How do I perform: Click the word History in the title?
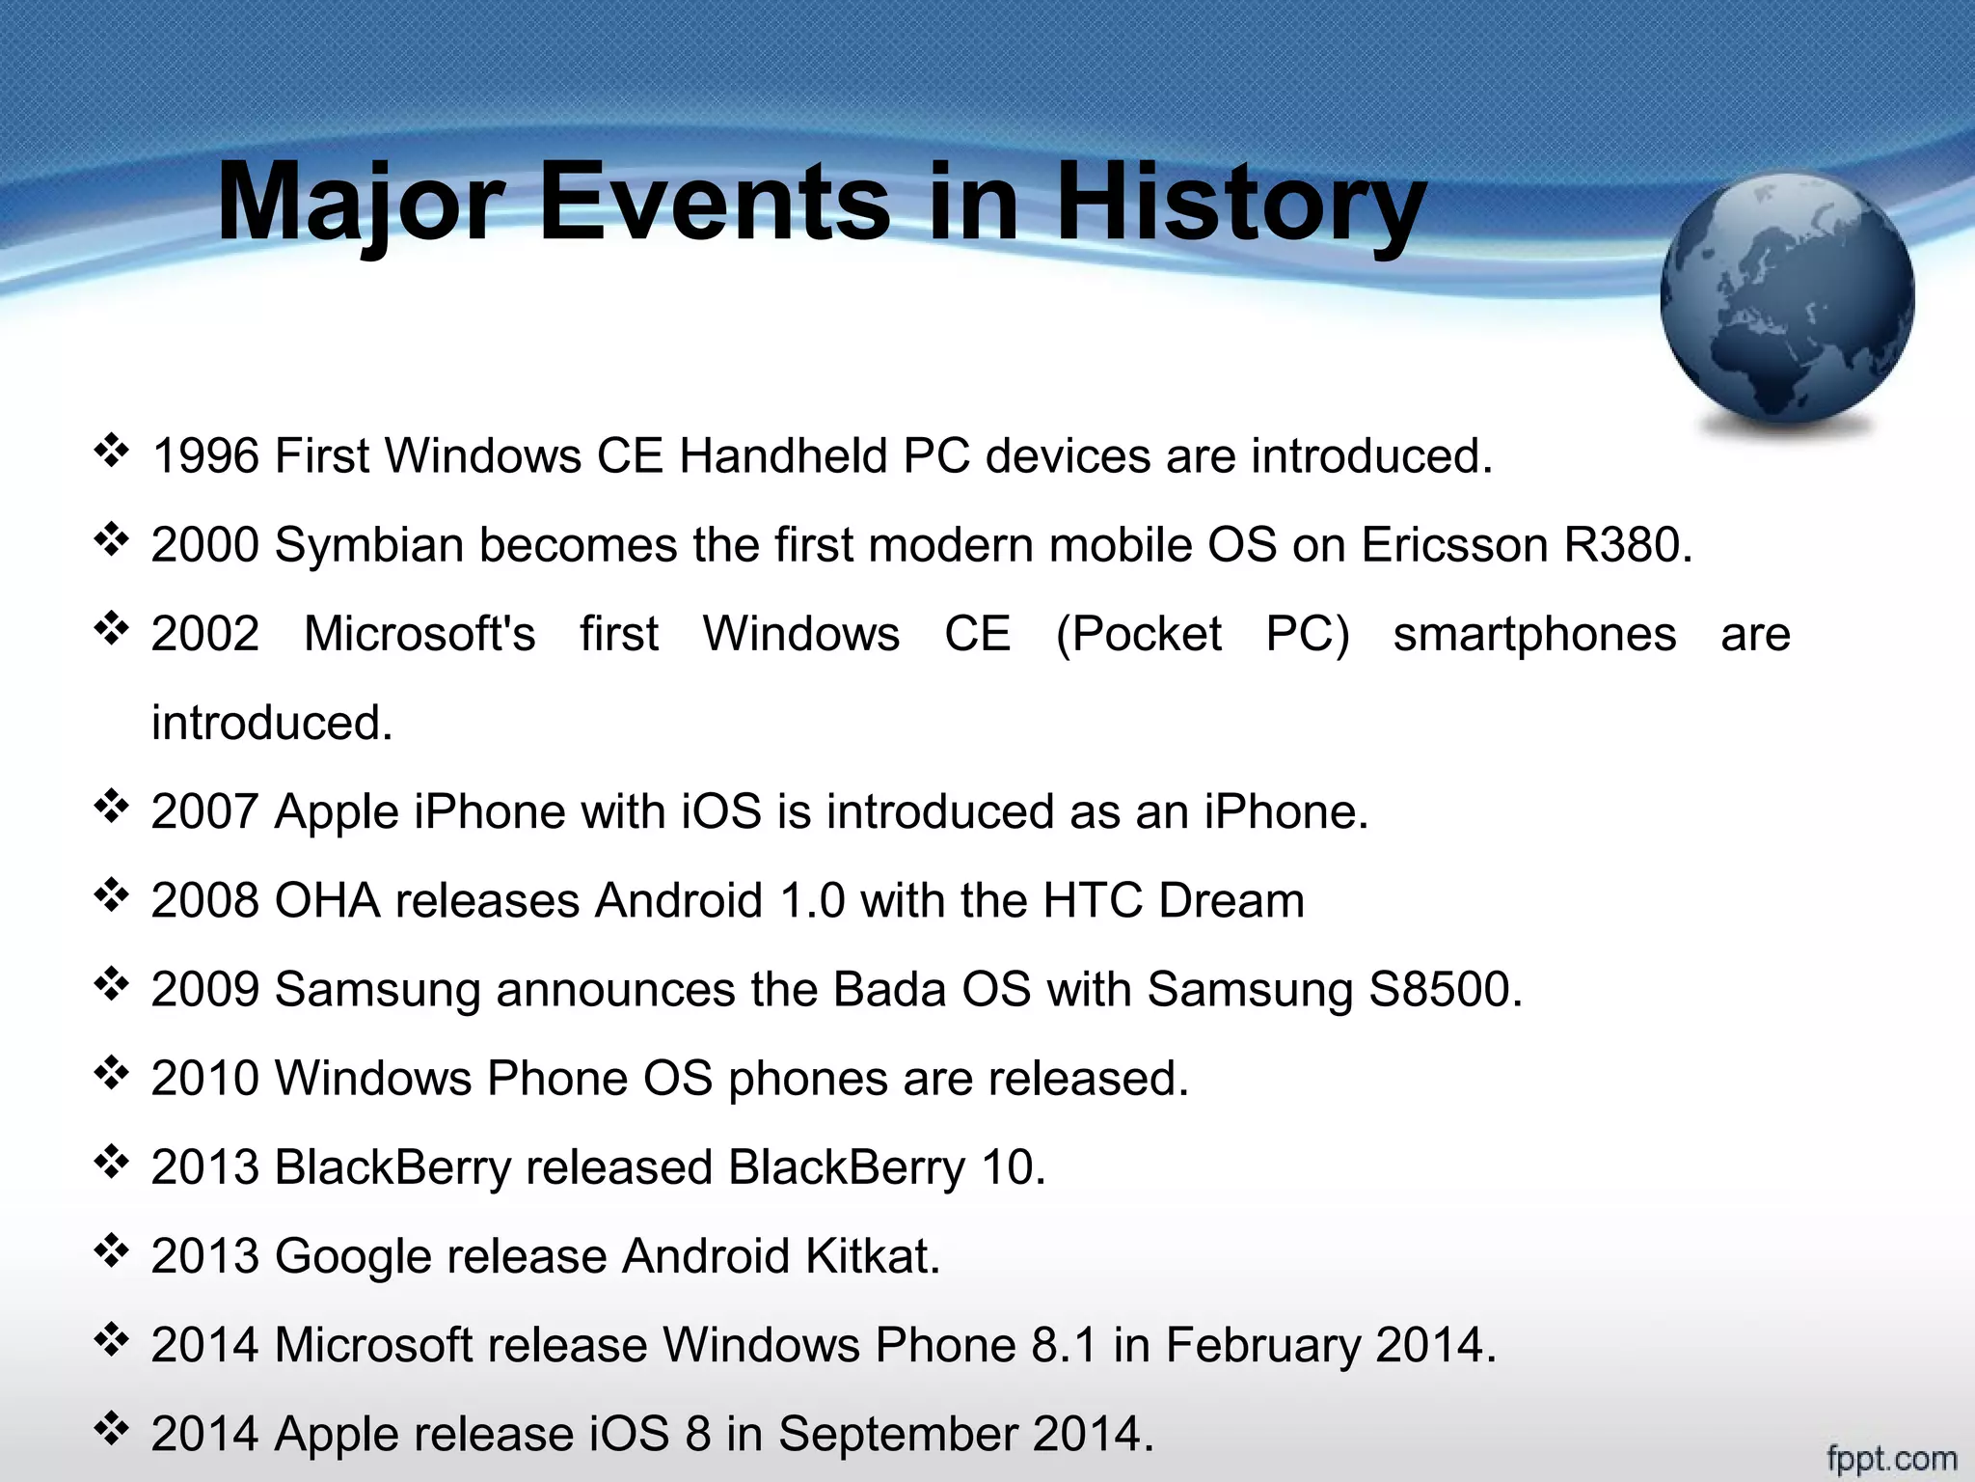coord(1241,205)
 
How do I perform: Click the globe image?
coord(1787,300)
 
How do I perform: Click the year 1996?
coord(205,456)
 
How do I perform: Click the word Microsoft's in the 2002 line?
coord(419,635)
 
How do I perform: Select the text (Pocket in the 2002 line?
coord(1139,635)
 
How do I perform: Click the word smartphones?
coord(1534,635)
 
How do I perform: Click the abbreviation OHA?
coord(327,901)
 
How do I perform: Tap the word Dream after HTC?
coord(1231,901)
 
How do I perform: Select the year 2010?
coord(205,1079)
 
